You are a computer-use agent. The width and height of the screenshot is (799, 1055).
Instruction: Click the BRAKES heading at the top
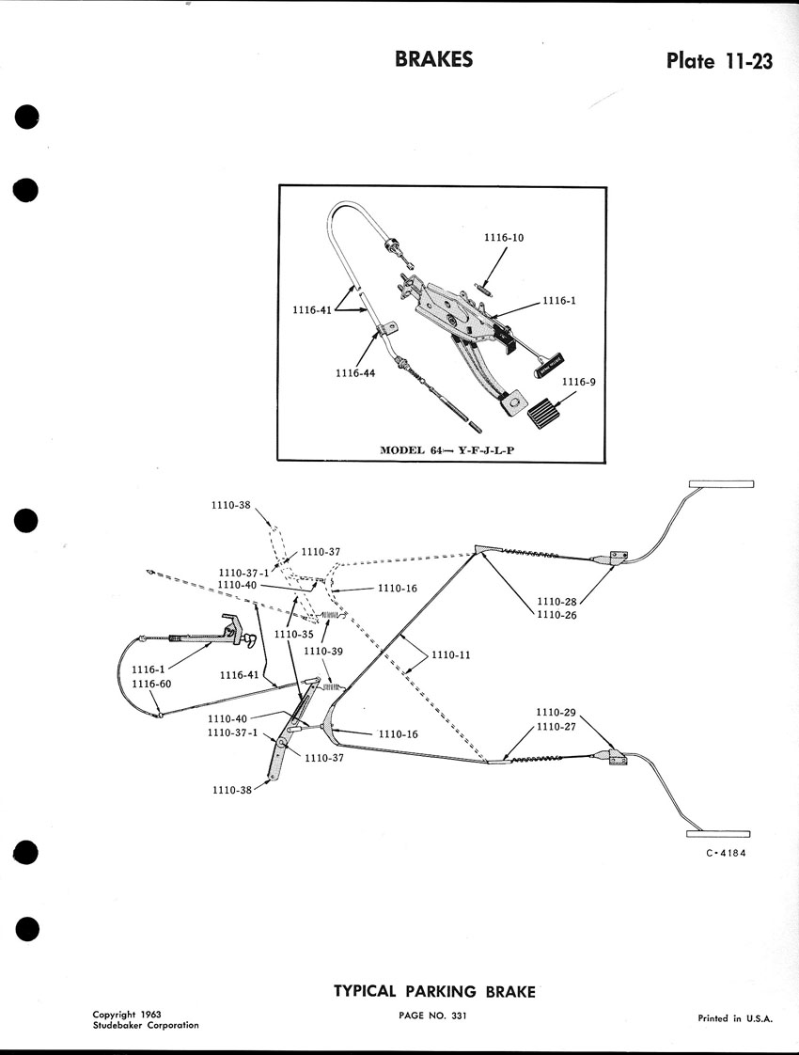click(433, 60)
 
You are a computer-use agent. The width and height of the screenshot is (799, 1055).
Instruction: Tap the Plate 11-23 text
click(719, 61)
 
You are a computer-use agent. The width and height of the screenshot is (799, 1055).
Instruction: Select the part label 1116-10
click(504, 238)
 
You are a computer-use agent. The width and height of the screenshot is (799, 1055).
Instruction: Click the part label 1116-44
click(356, 373)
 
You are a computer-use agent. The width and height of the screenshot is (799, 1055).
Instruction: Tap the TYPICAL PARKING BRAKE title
click(434, 991)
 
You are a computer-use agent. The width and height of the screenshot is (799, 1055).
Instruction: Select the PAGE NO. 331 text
click(432, 1016)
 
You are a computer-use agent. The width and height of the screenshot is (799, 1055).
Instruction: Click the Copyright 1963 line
click(127, 1015)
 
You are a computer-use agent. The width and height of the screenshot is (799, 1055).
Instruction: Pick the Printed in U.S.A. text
click(734, 1017)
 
